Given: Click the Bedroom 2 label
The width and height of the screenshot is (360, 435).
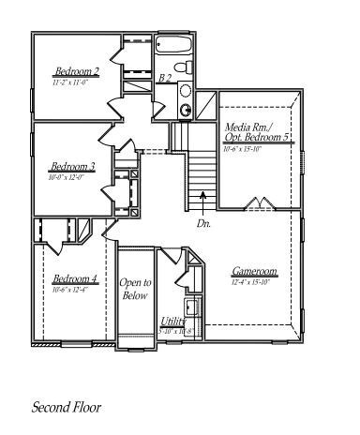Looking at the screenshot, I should point(76,71).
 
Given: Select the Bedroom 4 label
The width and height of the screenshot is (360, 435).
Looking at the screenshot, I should point(74,278).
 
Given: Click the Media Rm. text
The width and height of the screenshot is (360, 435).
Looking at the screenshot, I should point(247,127).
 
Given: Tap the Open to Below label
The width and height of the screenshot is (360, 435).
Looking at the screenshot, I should point(135,289).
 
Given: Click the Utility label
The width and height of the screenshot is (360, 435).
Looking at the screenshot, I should point(173,321).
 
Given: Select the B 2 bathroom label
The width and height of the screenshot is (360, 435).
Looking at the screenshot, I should point(166,78).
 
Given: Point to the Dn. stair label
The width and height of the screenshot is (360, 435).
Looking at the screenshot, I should point(204,224).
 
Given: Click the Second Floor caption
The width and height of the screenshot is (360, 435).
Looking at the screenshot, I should point(67,408).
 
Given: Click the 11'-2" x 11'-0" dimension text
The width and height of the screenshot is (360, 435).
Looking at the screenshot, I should point(70,82).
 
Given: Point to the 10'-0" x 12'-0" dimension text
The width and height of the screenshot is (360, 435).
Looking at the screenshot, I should point(67,176).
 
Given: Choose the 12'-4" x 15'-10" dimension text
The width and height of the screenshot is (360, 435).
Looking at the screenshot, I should point(251,281).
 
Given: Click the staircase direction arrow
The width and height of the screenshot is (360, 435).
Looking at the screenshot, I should point(204,198).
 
